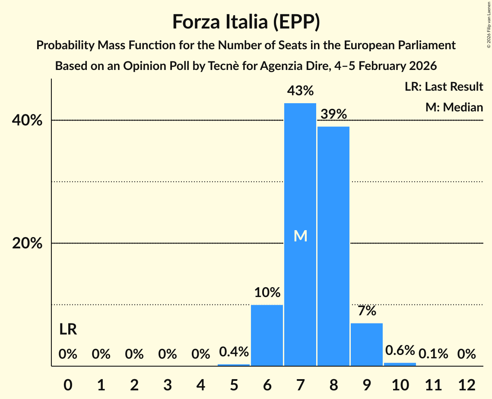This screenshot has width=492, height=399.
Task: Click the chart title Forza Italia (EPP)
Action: tap(246, 22)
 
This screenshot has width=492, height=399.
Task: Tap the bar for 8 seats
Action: tap(333, 246)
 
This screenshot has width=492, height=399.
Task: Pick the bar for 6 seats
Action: tap(267, 335)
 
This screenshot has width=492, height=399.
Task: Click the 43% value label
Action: tap(300, 91)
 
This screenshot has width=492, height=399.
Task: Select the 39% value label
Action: tap(333, 114)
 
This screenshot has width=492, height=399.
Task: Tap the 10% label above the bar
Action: tap(267, 292)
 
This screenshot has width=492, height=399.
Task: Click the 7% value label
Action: tap(367, 310)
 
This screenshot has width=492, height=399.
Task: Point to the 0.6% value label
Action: tap(400, 350)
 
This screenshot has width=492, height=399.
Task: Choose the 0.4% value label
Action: tap(234, 352)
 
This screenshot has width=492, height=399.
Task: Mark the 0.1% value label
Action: tap(433, 354)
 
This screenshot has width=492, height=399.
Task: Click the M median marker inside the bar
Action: tap(300, 236)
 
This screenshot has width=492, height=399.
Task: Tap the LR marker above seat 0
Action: tap(68, 330)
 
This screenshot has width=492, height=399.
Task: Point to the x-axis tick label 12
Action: tap(467, 384)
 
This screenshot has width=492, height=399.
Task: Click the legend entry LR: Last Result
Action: tap(444, 87)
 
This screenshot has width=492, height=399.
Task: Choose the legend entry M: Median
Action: tap(454, 107)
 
